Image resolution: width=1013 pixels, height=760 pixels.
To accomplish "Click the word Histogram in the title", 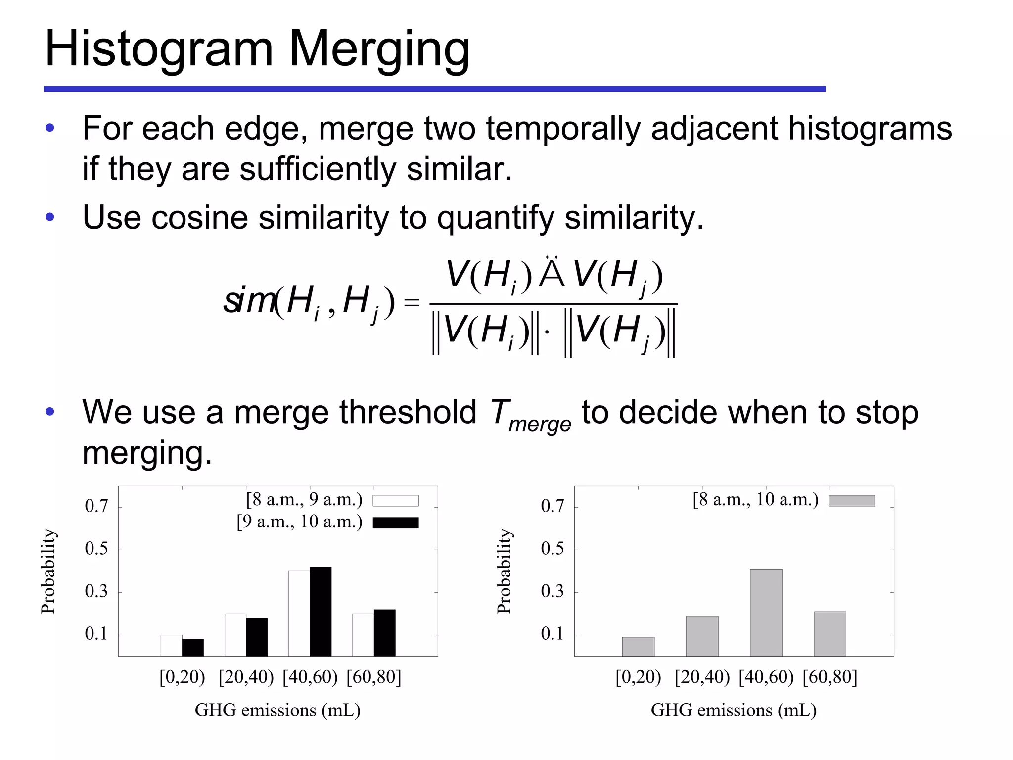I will [158, 49].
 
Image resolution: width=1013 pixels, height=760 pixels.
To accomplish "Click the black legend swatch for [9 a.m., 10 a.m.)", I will [395, 523].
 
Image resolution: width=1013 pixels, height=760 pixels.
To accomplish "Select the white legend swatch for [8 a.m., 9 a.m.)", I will [395, 501].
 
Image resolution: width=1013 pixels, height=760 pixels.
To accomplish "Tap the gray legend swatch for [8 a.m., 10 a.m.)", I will [851, 501].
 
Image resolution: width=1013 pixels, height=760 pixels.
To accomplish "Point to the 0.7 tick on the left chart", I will [96, 506].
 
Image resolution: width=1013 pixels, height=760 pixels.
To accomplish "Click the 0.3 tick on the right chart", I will [552, 591].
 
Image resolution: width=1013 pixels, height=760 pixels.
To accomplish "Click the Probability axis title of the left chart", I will [48, 571].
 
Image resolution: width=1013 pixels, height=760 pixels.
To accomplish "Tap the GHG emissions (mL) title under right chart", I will [733, 711].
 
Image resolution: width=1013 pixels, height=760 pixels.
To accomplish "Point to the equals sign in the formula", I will [412, 302].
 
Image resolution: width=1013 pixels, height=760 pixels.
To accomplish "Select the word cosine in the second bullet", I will [199, 217].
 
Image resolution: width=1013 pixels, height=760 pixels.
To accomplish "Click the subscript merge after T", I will [540, 425].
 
